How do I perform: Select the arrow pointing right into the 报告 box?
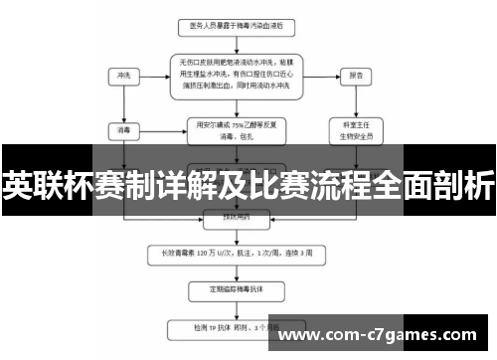pos(323,75)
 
